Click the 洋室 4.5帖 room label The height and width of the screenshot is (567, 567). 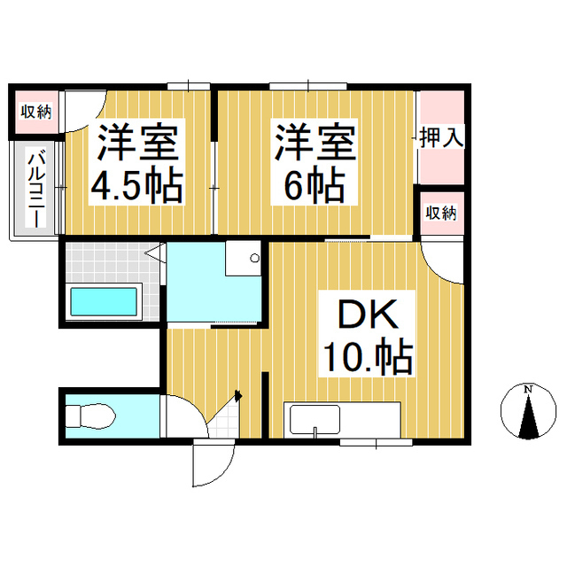tap(139, 164)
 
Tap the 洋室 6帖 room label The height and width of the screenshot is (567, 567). tap(315, 164)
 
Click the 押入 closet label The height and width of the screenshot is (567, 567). tap(440, 137)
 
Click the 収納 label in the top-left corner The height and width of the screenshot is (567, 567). tap(35, 112)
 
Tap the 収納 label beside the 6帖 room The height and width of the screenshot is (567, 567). tap(440, 213)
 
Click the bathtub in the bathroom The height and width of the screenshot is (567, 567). tap(105, 302)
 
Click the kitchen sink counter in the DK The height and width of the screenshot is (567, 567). tap(342, 417)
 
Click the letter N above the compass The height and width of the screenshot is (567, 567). tap(528, 390)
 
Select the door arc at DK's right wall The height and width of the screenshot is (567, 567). tap(440, 262)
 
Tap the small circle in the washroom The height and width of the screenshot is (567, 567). tap(254, 259)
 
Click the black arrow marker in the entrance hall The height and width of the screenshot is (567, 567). tap(237, 398)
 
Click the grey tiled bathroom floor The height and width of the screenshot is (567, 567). tap(106, 262)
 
